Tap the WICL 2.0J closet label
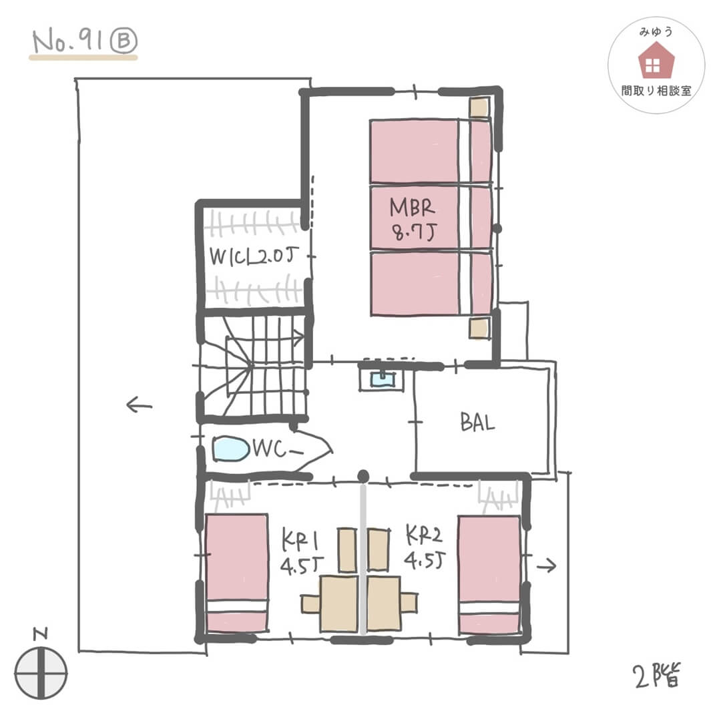coord(254,256)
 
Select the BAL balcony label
coord(478,422)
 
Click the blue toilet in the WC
coord(231,449)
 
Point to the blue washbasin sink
coord(382,379)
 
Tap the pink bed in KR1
coord(237,573)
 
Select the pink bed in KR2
coord(490,575)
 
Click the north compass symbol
coord(41,674)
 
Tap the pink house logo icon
coord(656,60)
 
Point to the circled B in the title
coord(124,41)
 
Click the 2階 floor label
coord(657,675)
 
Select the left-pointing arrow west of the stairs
coord(139,405)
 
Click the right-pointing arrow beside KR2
coord(547,565)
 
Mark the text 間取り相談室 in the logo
coord(656,91)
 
